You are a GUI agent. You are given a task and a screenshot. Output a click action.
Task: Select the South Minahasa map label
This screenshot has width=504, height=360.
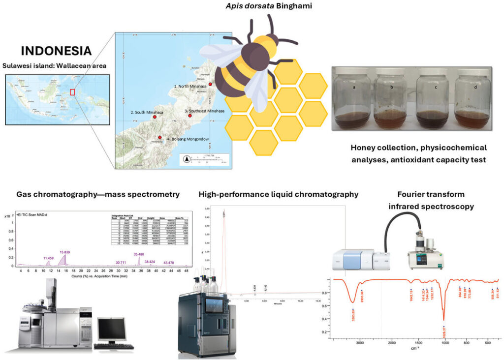click(147, 112)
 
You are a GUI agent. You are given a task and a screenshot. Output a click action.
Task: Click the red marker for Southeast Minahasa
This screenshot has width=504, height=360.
click(190, 116)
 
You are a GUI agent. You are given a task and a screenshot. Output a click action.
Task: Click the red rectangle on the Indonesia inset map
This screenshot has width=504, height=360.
click(72, 91)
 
